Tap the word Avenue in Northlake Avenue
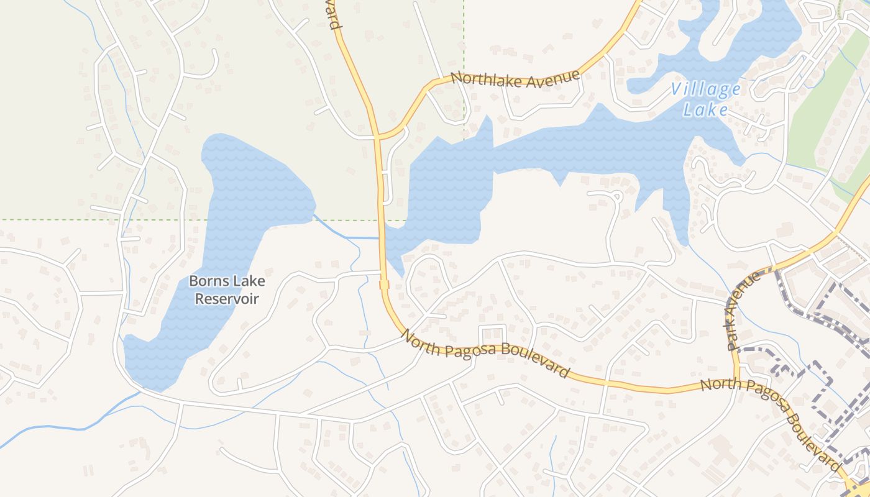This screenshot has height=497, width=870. pyautogui.click(x=549, y=79)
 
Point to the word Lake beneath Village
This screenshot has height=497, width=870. pyautogui.click(x=705, y=110)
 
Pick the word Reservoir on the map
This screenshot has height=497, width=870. pyautogui.click(x=227, y=299)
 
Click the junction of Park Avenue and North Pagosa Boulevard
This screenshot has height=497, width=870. pyautogui.click(x=736, y=380)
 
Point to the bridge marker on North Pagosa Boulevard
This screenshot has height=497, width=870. pyautogui.click(x=383, y=285)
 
